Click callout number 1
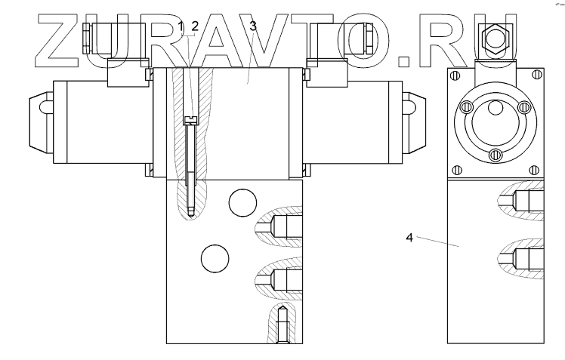pyautogui.click(x=181, y=26)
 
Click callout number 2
pyautogui.click(x=195, y=26)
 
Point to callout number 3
pyautogui.click(x=253, y=26)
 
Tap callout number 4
pyautogui.click(x=409, y=238)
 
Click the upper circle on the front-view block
pyautogui.click(x=242, y=203)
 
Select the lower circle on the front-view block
pyautogui.click(x=215, y=259)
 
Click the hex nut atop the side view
pyautogui.click(x=496, y=38)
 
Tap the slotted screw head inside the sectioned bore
pyautogui.click(x=190, y=120)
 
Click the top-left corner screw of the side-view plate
pyautogui.click(x=455, y=75)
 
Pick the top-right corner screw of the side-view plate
pyautogui.click(x=536, y=75)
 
